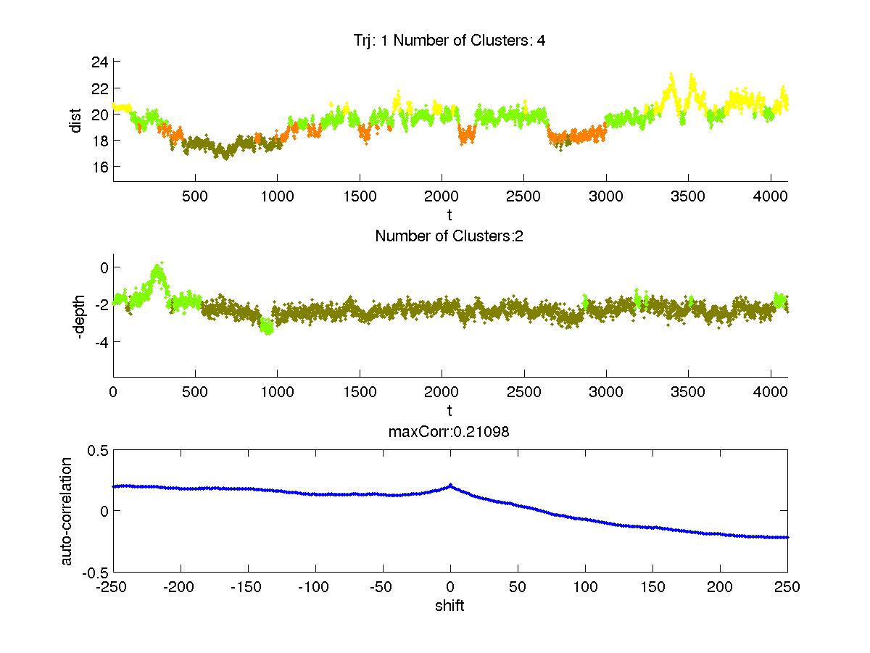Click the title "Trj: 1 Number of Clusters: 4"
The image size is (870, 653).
tap(444, 41)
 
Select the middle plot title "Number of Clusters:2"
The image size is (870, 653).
tap(449, 236)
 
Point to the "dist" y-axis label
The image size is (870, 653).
tap(76, 120)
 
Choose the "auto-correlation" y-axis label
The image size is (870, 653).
tap(67, 511)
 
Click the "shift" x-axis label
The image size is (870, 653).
tap(449, 606)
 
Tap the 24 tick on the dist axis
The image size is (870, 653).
tap(100, 62)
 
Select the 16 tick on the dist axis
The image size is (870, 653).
tap(100, 167)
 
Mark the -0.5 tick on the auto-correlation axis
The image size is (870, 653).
tap(96, 572)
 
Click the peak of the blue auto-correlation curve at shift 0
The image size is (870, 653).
tap(450, 485)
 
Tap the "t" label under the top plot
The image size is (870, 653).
tap(449, 215)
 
